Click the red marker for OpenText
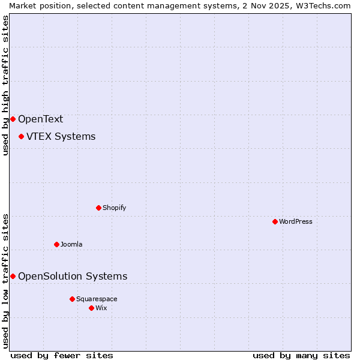pos(13,119)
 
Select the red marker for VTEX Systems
pos(21,136)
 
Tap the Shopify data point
pos(98,208)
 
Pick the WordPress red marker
pos(275,221)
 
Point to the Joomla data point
pos(56,244)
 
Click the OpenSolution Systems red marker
pos(13,276)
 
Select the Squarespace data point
pos(72,299)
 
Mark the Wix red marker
pos(91,308)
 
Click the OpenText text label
pos(40,119)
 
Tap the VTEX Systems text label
pos(61,136)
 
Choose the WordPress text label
pos(295,221)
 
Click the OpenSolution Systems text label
pos(73,276)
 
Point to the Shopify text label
pos(114,208)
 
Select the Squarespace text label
pos(97,299)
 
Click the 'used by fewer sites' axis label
pos(62,355)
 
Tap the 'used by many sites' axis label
pos(301,355)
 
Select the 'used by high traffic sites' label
pos(5,85)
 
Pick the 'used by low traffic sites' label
pos(5,280)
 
